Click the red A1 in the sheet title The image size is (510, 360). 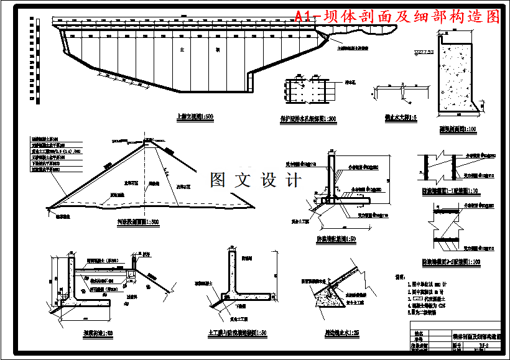(x=305, y=17)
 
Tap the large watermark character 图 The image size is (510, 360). (x=218, y=180)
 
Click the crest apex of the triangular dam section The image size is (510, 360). (x=149, y=141)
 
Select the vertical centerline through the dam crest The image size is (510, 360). (x=149, y=174)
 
